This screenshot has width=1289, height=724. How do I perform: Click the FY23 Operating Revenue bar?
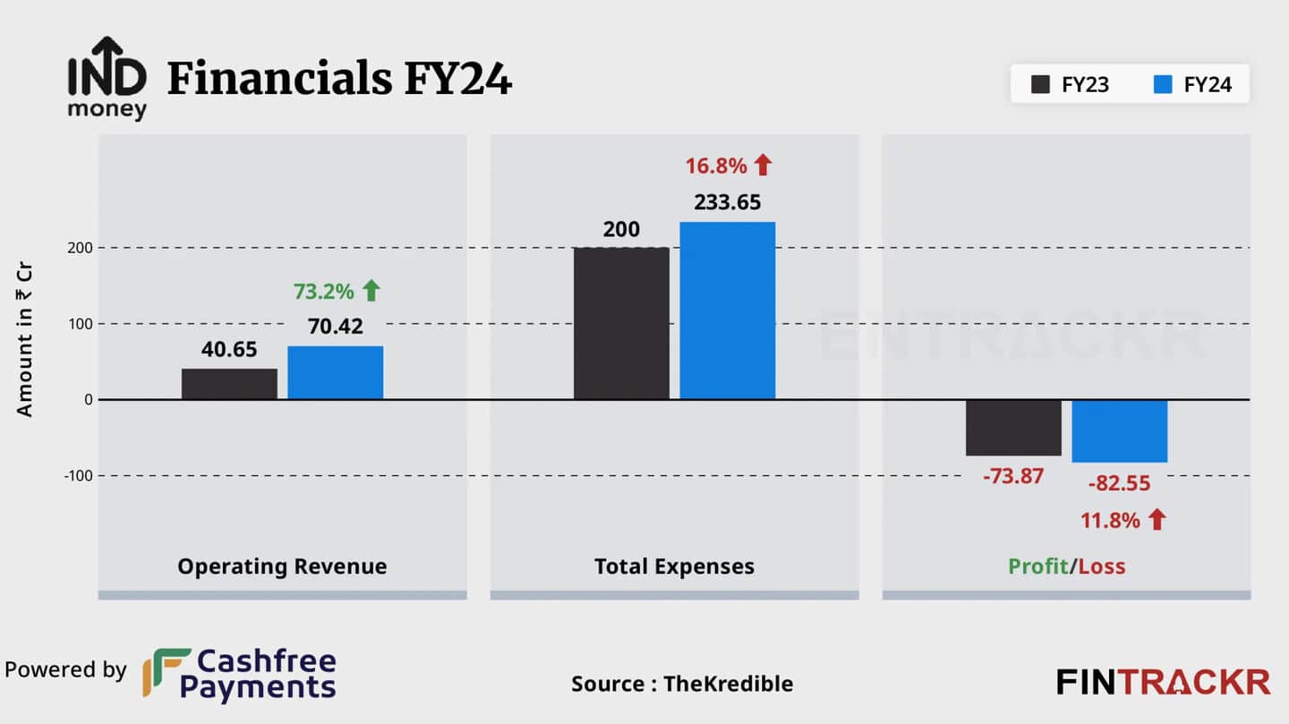229,384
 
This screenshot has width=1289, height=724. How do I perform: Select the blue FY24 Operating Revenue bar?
335,372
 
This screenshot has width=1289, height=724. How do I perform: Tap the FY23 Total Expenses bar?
621,323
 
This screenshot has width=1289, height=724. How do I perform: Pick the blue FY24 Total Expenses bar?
727,311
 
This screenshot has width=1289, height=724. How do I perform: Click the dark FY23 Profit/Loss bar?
1013,428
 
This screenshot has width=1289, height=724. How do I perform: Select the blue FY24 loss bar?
1119,431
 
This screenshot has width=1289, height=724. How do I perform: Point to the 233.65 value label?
727,203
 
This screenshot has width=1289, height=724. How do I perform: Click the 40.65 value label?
229,350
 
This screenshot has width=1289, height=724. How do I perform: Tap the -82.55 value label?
1119,484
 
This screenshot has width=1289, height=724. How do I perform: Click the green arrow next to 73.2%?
371,290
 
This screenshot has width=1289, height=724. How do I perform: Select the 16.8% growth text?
715,166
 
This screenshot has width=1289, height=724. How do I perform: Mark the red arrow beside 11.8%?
1157,519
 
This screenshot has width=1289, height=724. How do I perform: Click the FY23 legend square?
1040,85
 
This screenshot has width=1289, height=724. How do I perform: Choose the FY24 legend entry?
1194,85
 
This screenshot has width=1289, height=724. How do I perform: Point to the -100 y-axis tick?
78,475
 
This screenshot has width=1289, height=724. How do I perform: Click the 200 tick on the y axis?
80,248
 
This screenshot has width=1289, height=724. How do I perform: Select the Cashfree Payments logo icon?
166,672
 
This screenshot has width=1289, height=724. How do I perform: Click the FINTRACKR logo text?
1163,682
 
